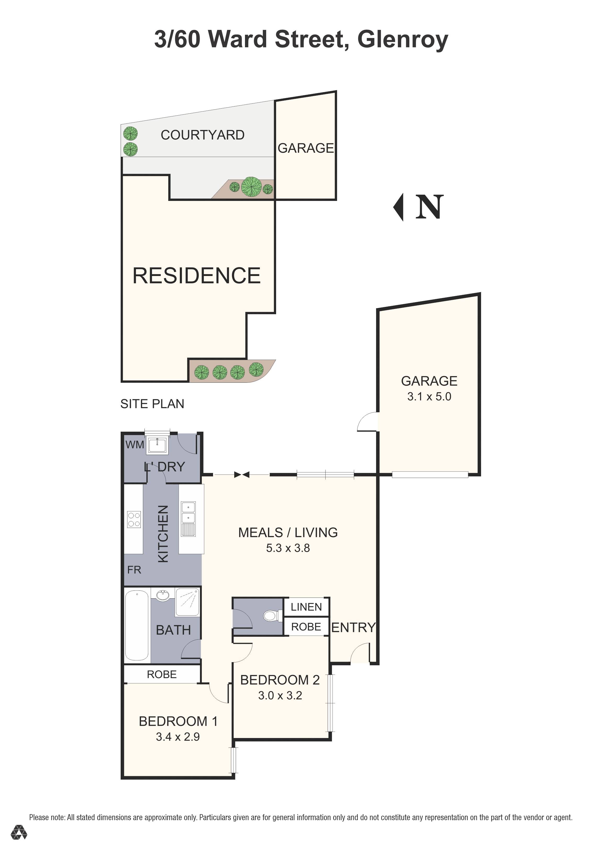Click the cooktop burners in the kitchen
[134, 519]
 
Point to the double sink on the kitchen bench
[188, 519]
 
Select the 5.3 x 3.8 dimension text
[288, 548]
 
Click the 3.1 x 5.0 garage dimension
[429, 396]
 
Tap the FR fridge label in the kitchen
[134, 570]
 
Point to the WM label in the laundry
[135, 444]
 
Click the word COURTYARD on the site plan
[203, 135]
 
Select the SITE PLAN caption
[152, 404]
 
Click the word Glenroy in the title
[403, 40]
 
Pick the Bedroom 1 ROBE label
[162, 674]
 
